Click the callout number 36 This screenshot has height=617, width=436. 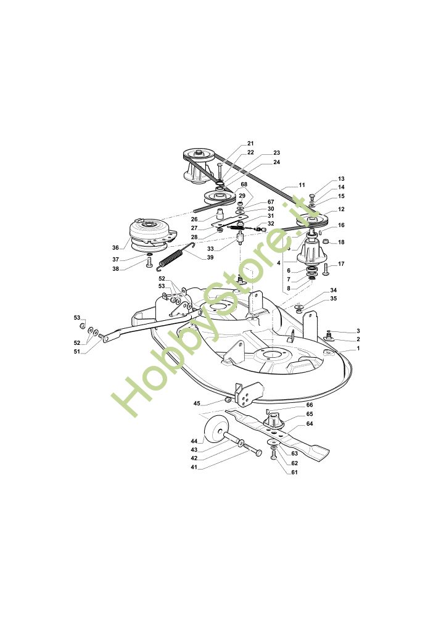tap(115, 248)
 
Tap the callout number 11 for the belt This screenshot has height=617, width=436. tap(302, 185)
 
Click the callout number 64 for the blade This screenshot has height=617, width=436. tap(310, 424)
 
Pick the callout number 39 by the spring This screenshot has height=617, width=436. tap(210, 258)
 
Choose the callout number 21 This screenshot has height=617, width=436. tap(250, 143)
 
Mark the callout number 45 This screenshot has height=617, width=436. tap(197, 404)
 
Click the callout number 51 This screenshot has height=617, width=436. tap(78, 352)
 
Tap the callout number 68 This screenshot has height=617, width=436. tap(244, 184)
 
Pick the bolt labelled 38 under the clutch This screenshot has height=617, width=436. tap(149, 263)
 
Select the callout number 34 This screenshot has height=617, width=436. tap(334, 290)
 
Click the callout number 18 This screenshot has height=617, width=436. tap(341, 242)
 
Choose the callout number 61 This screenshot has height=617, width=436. tap(294, 472)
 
